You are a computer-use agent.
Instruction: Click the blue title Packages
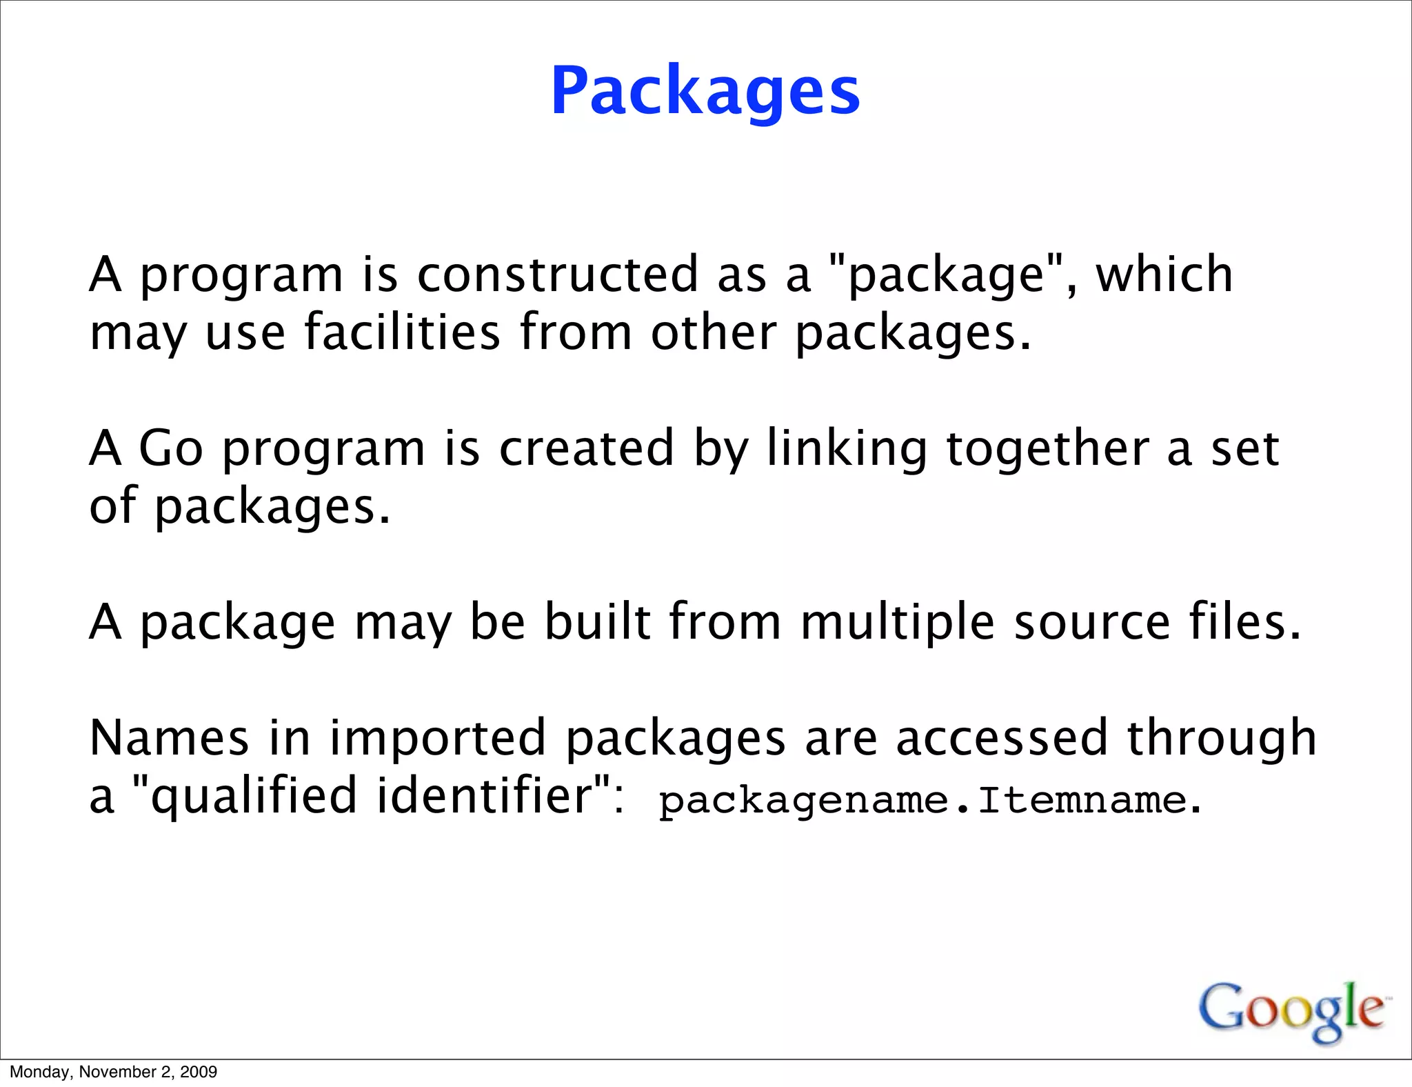pos(705,92)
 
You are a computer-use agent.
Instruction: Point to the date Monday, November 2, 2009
pos(113,1072)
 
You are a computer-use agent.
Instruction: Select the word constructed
pos(558,274)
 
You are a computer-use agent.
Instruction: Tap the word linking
pos(847,450)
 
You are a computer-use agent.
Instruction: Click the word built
pos(598,621)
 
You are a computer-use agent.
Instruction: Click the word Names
pos(169,737)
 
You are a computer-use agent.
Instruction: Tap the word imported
pos(438,739)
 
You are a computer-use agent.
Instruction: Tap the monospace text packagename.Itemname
pos(922,801)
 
